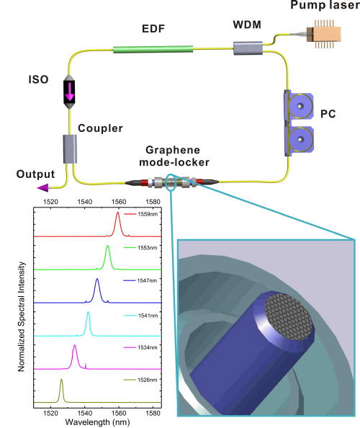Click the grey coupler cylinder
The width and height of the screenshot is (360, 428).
pyautogui.click(x=71, y=149)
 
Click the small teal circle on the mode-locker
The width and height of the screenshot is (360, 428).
pyautogui.click(x=171, y=182)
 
